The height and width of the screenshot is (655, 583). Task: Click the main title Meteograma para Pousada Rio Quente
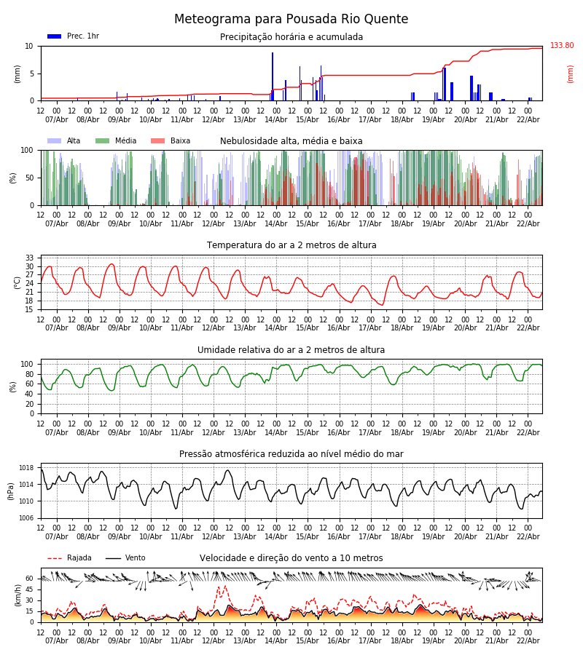click(291, 20)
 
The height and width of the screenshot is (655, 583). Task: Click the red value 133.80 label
click(562, 46)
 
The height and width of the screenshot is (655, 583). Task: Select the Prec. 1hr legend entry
click(73, 36)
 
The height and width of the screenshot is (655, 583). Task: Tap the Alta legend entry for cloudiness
click(65, 141)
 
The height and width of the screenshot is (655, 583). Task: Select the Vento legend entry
click(125, 558)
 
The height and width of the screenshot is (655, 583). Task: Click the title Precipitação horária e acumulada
click(291, 37)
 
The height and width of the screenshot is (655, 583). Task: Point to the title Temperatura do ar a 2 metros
click(291, 245)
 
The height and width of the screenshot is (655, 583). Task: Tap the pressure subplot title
click(291, 454)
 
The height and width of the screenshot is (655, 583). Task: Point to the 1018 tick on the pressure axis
click(26, 468)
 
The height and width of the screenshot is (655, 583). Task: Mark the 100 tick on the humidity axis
click(27, 364)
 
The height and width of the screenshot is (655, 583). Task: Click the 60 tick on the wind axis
click(29, 579)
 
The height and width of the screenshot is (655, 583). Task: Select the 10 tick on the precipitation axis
click(29, 46)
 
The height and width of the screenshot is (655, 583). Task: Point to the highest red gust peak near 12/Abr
click(224, 585)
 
